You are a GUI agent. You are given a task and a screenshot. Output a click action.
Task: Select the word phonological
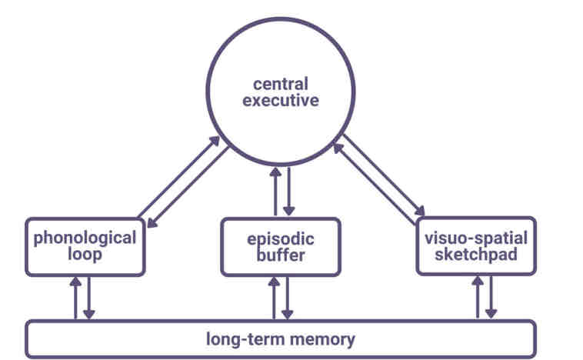[x=85, y=237]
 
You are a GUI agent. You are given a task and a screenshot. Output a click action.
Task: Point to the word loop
[x=85, y=254]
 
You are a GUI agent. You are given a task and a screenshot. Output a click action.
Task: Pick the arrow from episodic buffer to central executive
[x=275, y=190]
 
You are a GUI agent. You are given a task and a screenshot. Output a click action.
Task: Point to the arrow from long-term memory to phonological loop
[x=75, y=297]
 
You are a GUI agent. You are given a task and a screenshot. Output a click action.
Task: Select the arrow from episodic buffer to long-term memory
[x=288, y=297]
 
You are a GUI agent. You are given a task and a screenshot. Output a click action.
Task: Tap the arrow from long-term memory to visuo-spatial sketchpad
[x=478, y=297]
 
